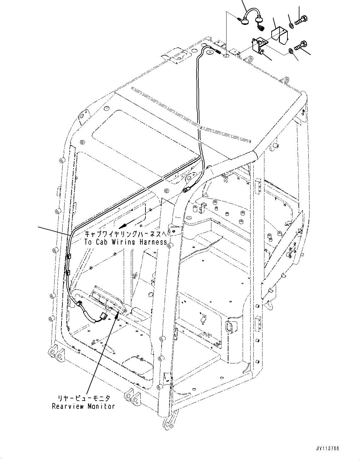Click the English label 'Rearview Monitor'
point(83,406)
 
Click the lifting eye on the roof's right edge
point(286,80)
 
